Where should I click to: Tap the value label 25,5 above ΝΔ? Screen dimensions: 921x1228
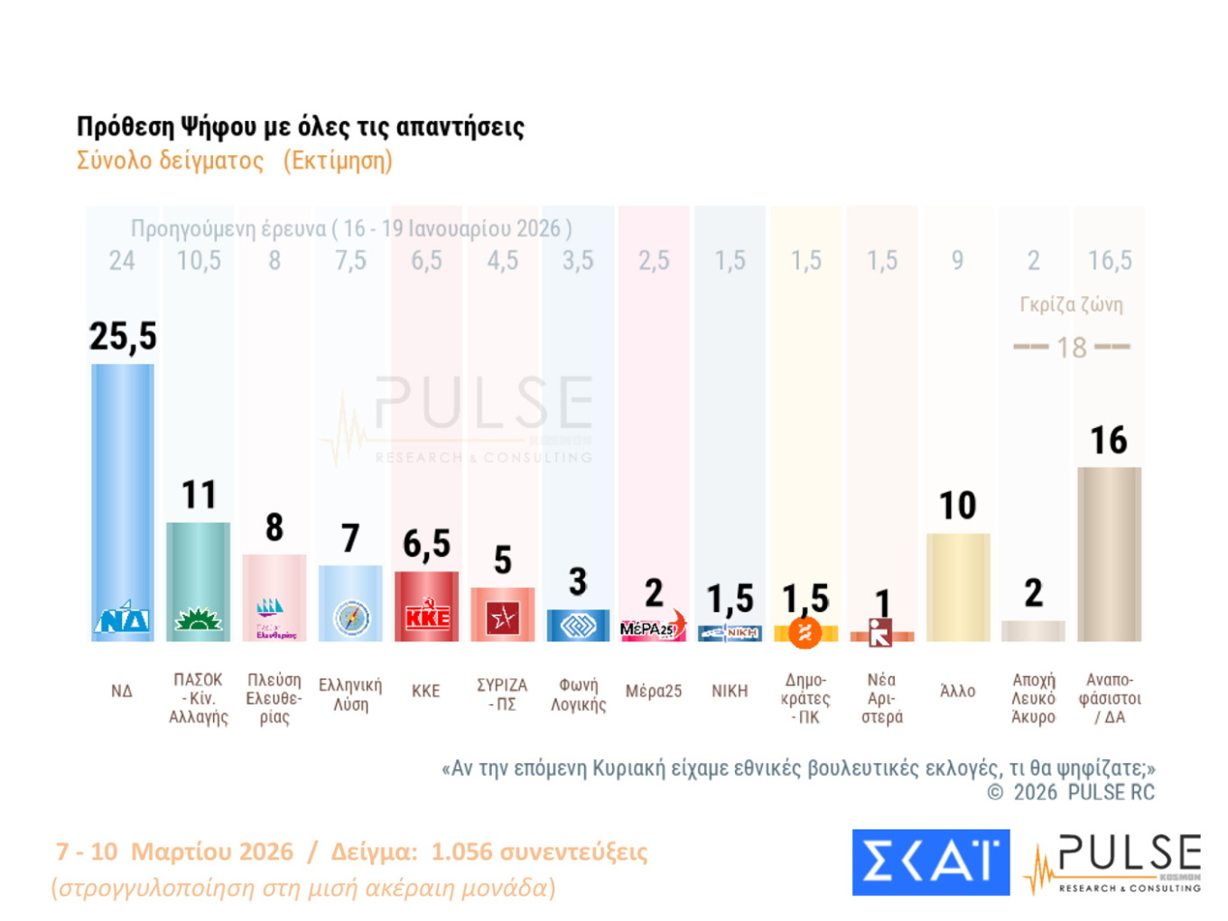coord(123,337)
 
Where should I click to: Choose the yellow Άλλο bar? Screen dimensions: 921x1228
coord(958,587)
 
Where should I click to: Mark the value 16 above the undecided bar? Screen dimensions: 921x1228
coord(1109,441)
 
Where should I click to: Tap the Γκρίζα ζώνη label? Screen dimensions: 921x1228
coord(1071,304)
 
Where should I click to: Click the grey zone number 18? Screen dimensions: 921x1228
coord(1072,348)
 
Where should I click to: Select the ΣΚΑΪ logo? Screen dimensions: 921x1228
coord(930,862)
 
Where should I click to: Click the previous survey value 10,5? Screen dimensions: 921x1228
coord(199,261)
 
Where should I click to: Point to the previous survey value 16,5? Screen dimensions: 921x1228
coord(1110,261)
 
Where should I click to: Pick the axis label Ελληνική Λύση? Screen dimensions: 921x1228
coord(350,694)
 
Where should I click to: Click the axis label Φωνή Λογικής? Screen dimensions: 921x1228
coord(578,694)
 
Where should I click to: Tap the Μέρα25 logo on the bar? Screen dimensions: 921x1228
coord(653,628)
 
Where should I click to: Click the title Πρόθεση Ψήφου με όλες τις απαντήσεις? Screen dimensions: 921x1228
coord(301,126)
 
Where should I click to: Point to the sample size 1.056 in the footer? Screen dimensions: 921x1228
coord(461,851)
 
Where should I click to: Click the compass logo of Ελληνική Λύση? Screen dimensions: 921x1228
coord(351,619)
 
